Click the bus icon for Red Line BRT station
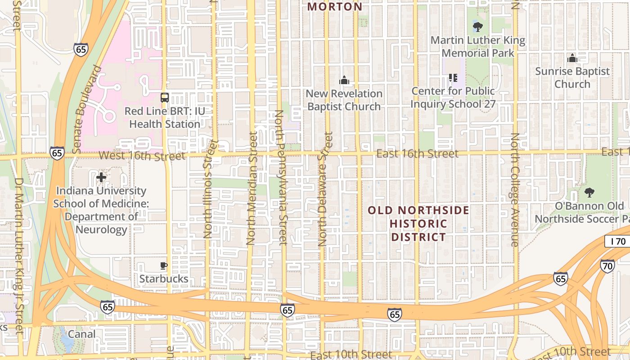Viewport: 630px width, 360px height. point(165,98)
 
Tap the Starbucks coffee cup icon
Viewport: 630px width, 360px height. point(164,265)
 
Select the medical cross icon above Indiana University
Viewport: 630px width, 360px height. point(101,177)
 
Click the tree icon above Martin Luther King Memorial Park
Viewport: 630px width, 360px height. point(478,27)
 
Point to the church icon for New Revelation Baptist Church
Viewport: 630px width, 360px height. point(344,81)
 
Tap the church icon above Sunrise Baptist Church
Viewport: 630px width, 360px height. point(572,58)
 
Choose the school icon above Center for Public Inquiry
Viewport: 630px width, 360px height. point(453,78)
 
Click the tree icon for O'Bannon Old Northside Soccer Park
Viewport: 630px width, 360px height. point(589,193)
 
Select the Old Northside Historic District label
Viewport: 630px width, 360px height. point(418,224)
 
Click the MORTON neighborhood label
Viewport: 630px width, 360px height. point(335,7)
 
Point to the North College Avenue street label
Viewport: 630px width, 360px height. point(514,189)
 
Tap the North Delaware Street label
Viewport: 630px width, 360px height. point(325,189)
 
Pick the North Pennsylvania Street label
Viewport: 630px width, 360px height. point(280,177)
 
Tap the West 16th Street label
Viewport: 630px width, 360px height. point(142,156)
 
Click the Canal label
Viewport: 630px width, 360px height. point(81,334)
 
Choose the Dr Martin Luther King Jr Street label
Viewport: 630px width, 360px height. point(18,256)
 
